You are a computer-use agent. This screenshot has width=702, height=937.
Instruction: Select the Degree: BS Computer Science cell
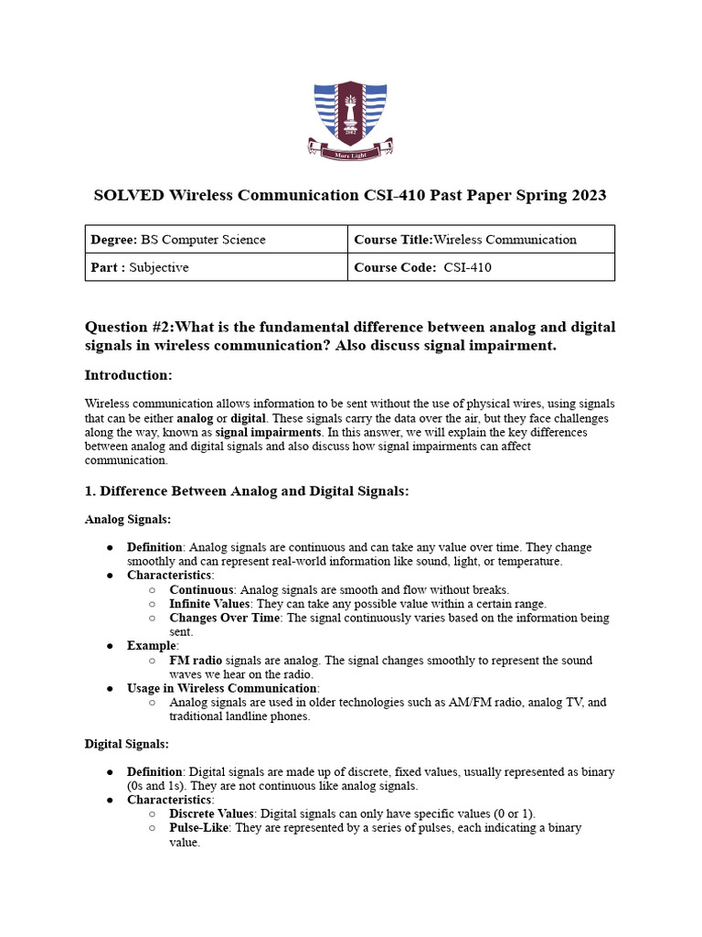218,240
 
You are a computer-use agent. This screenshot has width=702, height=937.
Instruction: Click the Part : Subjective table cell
218,267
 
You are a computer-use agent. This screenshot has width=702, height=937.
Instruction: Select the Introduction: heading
128,375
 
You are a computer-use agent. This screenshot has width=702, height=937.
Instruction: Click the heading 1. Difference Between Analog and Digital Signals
246,491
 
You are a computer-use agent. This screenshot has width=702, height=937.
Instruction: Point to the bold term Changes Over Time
222,618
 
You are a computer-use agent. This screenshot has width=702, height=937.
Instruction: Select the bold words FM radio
195,660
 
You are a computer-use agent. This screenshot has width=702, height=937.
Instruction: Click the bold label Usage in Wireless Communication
221,688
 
